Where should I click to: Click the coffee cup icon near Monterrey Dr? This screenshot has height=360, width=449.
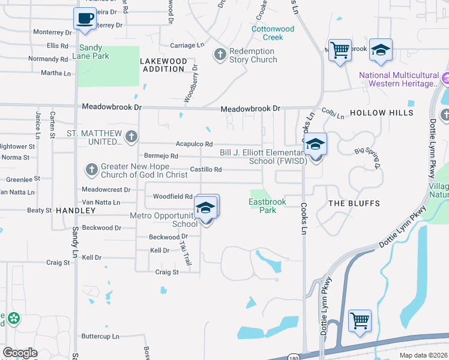(85, 18)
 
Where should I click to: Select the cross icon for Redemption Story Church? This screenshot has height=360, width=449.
(220, 55)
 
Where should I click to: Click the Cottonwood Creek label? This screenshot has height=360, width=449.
(273, 33)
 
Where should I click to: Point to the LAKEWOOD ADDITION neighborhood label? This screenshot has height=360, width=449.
(163, 65)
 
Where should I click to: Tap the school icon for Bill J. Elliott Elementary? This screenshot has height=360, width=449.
(315, 145)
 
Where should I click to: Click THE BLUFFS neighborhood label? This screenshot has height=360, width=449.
(354, 203)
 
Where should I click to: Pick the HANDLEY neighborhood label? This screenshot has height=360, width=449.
(76, 211)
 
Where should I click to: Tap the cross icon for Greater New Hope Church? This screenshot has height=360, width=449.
(91, 170)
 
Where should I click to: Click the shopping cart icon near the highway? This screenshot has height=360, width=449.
(360, 320)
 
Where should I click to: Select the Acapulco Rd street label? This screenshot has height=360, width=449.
(194, 144)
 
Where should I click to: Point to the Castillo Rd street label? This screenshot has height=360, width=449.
(206, 170)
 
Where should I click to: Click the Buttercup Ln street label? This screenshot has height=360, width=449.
(100, 337)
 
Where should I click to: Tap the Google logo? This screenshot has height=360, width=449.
(20, 353)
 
